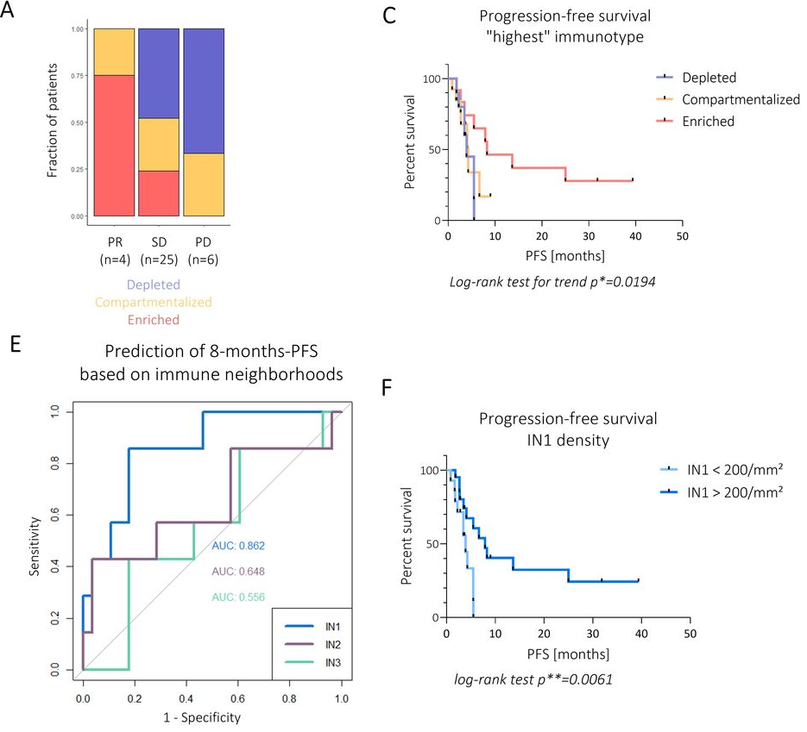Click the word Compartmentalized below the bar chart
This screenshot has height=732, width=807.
pos(154,303)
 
